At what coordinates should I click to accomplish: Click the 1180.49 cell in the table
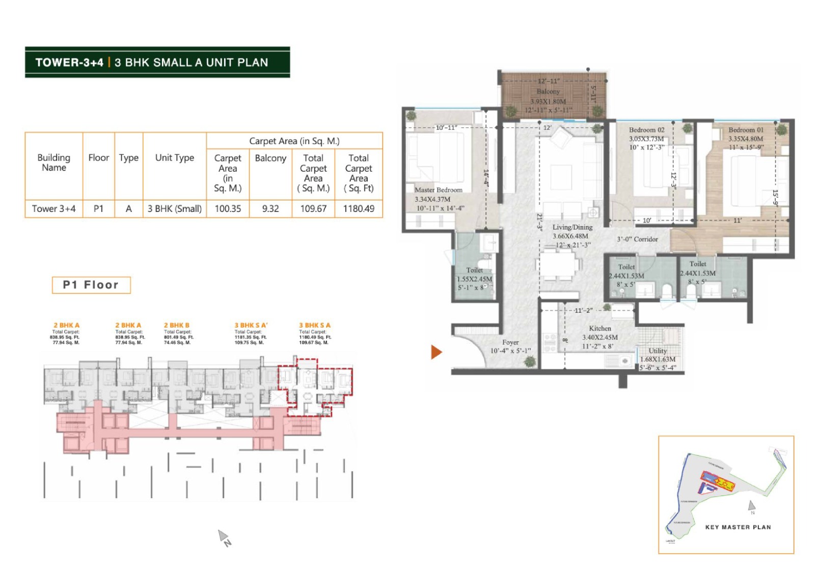point(359,208)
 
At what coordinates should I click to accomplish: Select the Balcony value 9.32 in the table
point(270,208)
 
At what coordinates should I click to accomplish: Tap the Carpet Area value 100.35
point(228,208)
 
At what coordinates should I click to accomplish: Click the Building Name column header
point(54,162)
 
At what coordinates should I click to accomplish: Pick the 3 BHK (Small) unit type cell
point(175,208)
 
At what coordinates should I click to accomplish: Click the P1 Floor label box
point(91,285)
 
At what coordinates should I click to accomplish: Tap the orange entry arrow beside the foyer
point(436,352)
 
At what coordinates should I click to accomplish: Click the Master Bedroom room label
point(439,190)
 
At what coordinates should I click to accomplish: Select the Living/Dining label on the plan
point(573,227)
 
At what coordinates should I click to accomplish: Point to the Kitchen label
point(600,329)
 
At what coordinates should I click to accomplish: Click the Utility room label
point(658,350)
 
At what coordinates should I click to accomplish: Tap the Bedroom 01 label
point(746,130)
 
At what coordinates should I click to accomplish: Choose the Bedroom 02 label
point(646,130)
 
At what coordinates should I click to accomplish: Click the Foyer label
point(510,342)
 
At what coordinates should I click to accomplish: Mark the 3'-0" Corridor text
point(638,239)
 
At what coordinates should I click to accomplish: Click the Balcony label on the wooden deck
point(548,91)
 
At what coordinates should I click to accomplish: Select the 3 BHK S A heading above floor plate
point(314,325)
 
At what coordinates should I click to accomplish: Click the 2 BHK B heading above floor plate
point(177,325)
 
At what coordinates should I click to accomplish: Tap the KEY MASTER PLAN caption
point(738,527)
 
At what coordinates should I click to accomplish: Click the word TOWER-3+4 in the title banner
point(69,63)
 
